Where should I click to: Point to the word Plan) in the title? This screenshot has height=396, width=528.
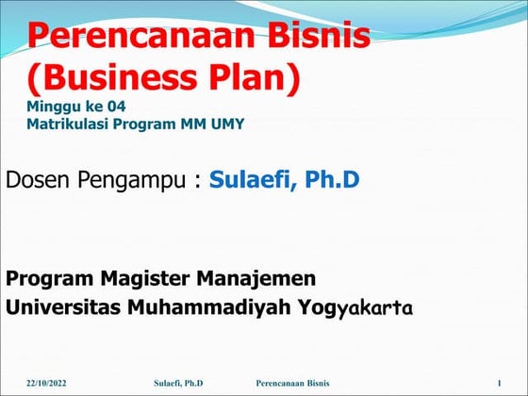(256, 77)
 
